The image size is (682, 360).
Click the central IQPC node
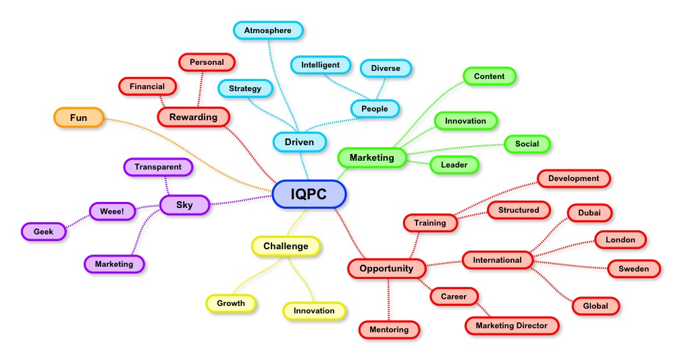pyautogui.click(x=309, y=195)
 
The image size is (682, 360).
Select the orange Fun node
pyautogui.click(x=79, y=118)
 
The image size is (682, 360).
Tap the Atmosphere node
pyautogui.click(x=268, y=30)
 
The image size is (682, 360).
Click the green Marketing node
pyautogui.click(x=371, y=157)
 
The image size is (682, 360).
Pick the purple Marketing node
pyautogui.click(x=114, y=264)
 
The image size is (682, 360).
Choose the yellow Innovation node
pyautogui.click(x=314, y=311)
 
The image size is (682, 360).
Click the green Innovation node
pyautogui.click(x=465, y=121)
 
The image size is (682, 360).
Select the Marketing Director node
pyautogui.click(x=512, y=326)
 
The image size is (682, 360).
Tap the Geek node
pyautogui.click(x=43, y=231)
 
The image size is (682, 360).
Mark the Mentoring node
pyautogui.click(x=389, y=330)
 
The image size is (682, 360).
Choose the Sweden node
pyautogui.click(x=633, y=269)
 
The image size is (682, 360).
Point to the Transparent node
pyautogui.click(x=158, y=167)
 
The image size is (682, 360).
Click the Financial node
pyautogui.click(x=147, y=86)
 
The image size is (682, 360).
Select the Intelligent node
pyautogui.click(x=321, y=65)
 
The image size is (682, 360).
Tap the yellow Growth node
pyautogui.click(x=231, y=303)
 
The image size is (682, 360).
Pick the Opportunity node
pyautogui.click(x=386, y=268)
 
